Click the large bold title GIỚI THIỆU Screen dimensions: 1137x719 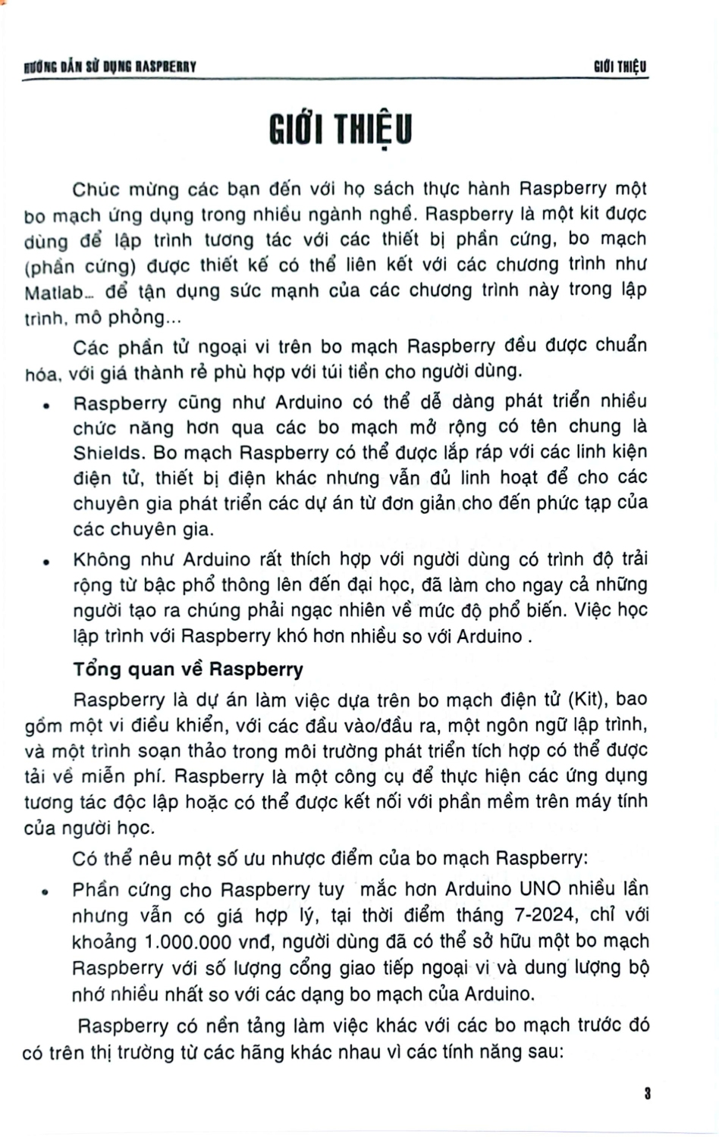tap(341, 130)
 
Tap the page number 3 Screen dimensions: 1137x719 tap(647, 1094)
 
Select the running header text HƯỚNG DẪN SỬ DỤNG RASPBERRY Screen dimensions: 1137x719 tap(110, 67)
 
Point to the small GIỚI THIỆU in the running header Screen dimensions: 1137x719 tap(620, 67)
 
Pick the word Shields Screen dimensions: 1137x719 tap(108, 453)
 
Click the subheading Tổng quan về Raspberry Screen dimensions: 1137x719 tap(188, 669)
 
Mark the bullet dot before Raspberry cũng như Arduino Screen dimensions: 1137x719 tap(46, 405)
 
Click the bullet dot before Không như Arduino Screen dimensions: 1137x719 tap(46, 562)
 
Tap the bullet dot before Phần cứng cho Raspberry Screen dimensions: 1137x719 tap(46, 892)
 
